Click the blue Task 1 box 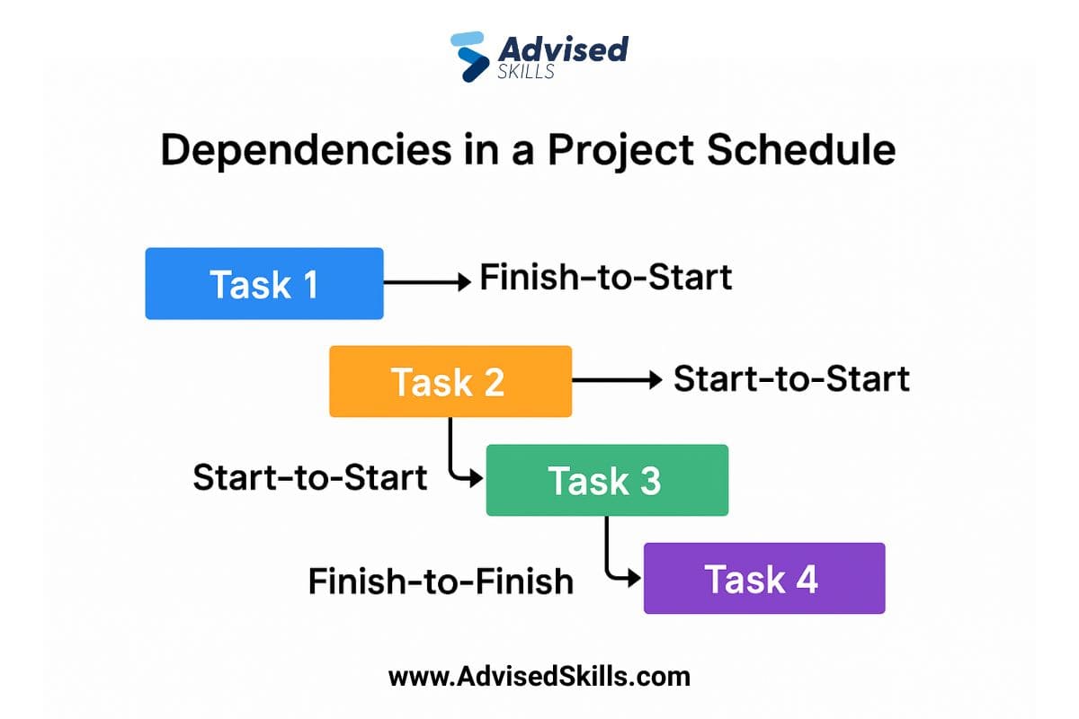[264, 283]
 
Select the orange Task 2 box [450, 381]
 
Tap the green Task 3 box [607, 480]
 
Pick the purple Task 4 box [764, 578]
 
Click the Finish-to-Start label [606, 278]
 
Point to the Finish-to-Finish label [441, 581]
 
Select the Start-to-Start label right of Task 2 [791, 378]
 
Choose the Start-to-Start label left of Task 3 [309, 477]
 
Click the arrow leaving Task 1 [427, 282]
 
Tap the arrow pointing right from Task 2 [617, 380]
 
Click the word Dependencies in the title [307, 150]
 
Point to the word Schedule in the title [801, 149]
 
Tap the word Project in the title [620, 150]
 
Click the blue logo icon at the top [468, 57]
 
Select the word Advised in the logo [563, 49]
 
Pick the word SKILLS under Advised [525, 71]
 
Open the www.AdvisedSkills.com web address [539, 677]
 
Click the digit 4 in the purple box [807, 579]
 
